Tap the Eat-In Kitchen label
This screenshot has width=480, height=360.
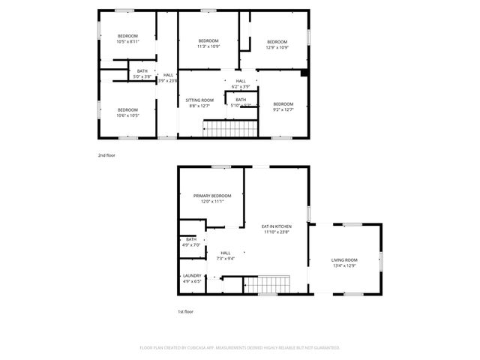click(x=276, y=226)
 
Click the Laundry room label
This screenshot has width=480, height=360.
click(x=192, y=276)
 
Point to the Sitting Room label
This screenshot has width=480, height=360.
click(x=199, y=100)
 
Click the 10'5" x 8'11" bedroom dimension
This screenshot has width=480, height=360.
click(x=127, y=42)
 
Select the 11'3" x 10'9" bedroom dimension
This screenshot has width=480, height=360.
click(x=208, y=46)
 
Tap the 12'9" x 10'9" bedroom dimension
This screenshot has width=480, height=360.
click(x=277, y=47)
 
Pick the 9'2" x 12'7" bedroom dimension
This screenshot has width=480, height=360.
click(x=283, y=109)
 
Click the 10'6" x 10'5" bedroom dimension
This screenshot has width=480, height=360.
click(x=127, y=115)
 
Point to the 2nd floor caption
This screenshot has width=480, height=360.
click(x=106, y=155)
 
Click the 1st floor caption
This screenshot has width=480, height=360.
click(x=184, y=311)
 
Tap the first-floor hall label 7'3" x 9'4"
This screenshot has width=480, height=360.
click(x=226, y=259)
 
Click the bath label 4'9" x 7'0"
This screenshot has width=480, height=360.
click(x=191, y=244)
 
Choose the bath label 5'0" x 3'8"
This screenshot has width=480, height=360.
click(x=142, y=76)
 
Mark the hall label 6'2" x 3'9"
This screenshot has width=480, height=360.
click(x=241, y=86)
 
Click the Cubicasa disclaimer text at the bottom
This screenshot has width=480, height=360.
click(x=240, y=347)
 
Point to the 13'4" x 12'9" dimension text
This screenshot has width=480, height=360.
click(x=343, y=265)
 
